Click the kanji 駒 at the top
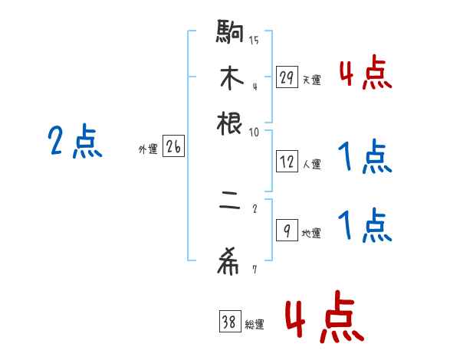pyautogui.click(x=230, y=33)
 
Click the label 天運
pyautogui.click(x=311, y=80)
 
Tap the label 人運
pyautogui.click(x=311, y=164)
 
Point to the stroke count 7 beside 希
pyautogui.click(x=254, y=269)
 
